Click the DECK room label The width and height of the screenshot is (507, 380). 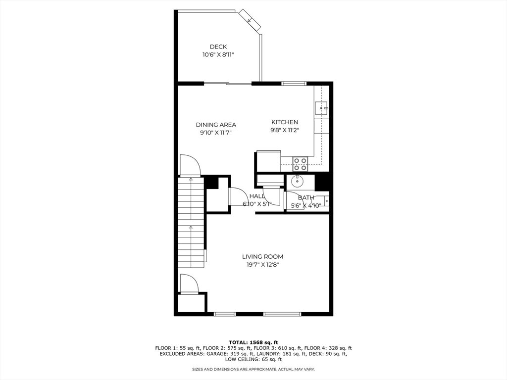tap(218, 47)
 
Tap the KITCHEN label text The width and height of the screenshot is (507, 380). tap(285, 122)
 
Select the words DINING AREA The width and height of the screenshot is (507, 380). tap(216, 125)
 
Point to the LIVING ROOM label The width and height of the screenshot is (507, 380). tap(262, 256)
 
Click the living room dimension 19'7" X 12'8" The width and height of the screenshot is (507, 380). tap(262, 265)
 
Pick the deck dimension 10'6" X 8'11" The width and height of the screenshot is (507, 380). tap(218, 55)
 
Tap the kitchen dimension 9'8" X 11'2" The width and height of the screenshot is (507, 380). tap(285, 130)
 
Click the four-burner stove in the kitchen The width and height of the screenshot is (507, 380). tap(300, 160)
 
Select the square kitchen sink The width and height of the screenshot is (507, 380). tap(322, 107)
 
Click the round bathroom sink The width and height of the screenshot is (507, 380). tap(297, 181)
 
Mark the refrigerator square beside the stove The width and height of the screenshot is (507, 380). tap(268, 161)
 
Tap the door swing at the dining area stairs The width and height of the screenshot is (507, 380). tap(190, 165)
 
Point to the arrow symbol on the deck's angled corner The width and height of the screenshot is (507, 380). tap(250, 21)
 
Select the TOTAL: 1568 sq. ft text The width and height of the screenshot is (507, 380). tap(253, 342)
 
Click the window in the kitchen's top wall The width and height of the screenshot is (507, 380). tap(294, 83)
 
